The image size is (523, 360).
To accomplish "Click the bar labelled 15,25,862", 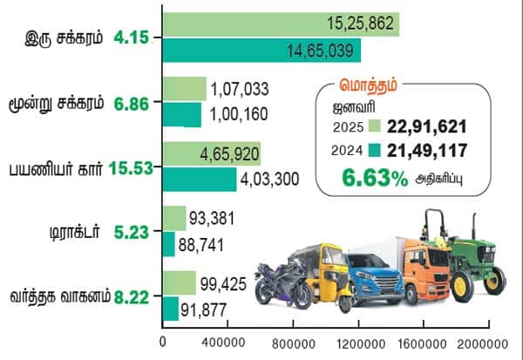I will (279, 24).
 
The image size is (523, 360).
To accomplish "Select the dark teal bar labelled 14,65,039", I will (261, 51).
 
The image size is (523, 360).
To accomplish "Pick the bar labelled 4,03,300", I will (199, 179).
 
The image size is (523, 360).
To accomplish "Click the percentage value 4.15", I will (132, 37).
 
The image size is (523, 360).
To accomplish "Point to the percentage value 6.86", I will (132, 103).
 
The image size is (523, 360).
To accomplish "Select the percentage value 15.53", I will (132, 166).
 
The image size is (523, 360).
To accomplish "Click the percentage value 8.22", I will (132, 296).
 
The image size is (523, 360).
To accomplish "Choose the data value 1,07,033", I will (238, 89).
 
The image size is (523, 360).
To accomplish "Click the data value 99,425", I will (226, 284).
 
